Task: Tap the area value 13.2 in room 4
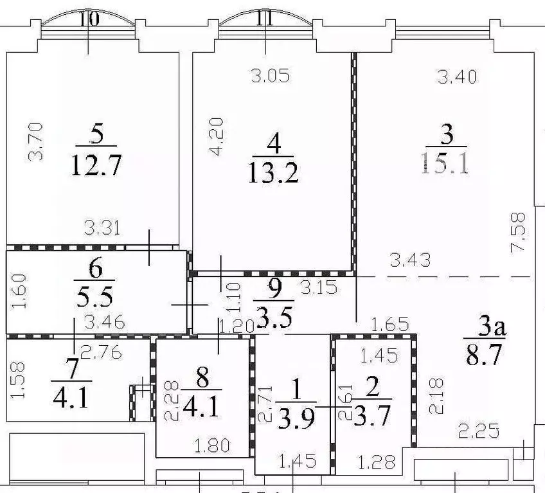(274, 172)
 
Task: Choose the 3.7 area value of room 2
(371, 418)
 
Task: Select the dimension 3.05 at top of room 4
(270, 76)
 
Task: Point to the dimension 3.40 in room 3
(457, 77)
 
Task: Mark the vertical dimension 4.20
(219, 136)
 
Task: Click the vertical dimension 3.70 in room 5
(37, 141)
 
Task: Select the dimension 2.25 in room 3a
(478, 430)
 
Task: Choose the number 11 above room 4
(264, 19)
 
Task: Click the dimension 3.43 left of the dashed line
(411, 260)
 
